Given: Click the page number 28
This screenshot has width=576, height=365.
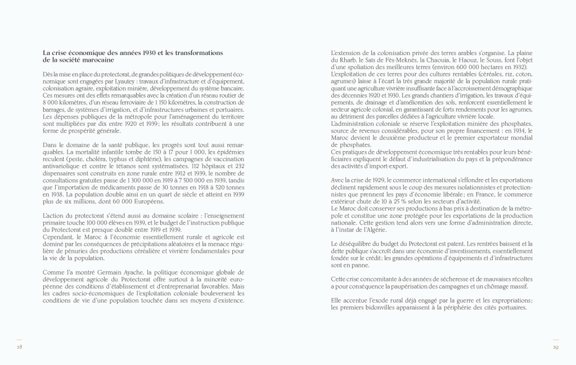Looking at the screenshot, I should pyautogui.click(x=19, y=347).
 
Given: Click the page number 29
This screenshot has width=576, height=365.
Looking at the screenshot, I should pyautogui.click(x=556, y=347).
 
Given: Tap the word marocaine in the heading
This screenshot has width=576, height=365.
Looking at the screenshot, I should pyautogui.click(x=96, y=60).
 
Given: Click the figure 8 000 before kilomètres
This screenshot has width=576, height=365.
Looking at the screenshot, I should pyautogui.click(x=51, y=103).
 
